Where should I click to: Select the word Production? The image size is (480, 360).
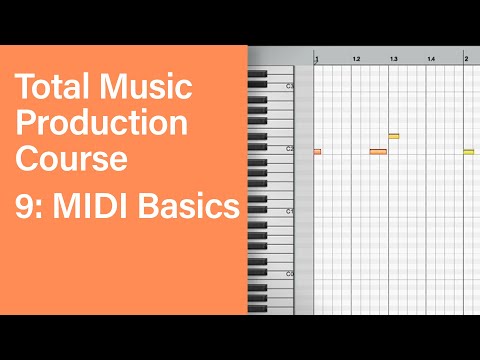(101, 123)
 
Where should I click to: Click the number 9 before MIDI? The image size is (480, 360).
(24, 207)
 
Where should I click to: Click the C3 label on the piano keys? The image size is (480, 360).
(289, 87)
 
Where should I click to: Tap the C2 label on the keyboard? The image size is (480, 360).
(289, 149)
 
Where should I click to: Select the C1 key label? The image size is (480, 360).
(289, 212)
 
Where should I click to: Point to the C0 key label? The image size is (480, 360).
(289, 273)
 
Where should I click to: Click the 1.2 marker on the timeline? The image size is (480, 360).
(356, 60)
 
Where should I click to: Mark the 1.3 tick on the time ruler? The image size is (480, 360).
(394, 60)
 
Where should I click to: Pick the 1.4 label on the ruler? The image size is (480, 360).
(431, 60)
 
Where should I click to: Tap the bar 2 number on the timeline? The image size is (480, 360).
(466, 60)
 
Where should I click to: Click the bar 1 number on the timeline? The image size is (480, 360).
(317, 60)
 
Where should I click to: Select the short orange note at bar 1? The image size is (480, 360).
(317, 152)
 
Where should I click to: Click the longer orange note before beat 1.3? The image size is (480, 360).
(378, 152)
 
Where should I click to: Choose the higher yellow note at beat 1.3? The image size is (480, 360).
(394, 136)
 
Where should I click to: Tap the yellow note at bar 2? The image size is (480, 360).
(468, 152)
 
